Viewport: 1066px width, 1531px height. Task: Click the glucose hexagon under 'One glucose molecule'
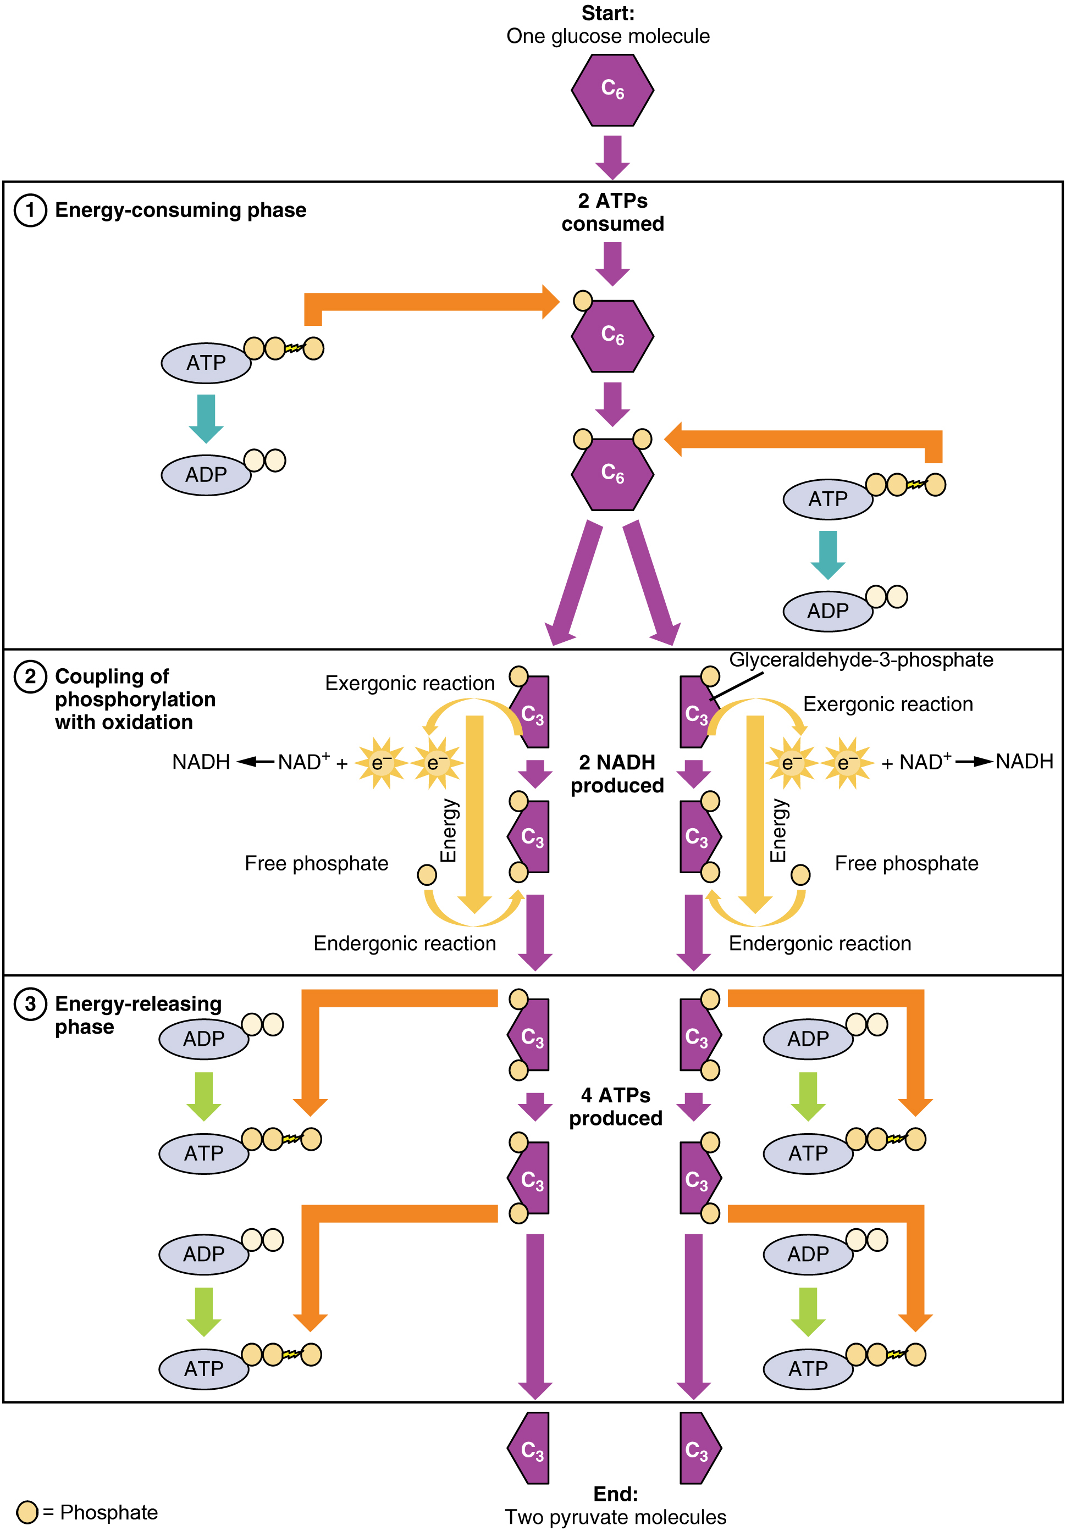pos(612,90)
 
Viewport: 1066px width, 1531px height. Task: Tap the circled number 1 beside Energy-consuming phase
pos(30,210)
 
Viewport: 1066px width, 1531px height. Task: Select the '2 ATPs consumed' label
pos(612,212)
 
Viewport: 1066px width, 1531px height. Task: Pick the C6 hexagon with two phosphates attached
pos(612,474)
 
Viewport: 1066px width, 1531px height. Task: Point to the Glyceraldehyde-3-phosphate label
pos(860,659)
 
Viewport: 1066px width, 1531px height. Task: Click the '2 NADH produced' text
pos(617,774)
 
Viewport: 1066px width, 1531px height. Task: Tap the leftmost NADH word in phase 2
pos(201,762)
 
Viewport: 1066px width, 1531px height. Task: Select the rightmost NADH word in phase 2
pos(1024,761)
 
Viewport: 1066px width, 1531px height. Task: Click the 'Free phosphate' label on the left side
pos(316,863)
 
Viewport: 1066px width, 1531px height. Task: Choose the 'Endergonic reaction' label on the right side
pos(820,944)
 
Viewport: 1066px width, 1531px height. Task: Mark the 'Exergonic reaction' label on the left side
pos(410,684)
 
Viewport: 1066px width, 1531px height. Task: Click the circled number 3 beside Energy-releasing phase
pos(30,1004)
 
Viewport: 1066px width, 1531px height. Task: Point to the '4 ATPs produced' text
pos(616,1106)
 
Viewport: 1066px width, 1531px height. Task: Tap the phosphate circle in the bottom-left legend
pos(27,1512)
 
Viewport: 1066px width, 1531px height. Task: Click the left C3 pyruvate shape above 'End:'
pos(529,1449)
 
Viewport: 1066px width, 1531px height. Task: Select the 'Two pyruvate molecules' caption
pos(615,1517)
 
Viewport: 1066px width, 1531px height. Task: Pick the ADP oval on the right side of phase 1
pos(828,611)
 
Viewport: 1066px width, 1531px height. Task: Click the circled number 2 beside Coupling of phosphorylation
pos(30,677)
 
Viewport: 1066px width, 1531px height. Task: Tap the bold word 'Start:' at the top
pos(607,13)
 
